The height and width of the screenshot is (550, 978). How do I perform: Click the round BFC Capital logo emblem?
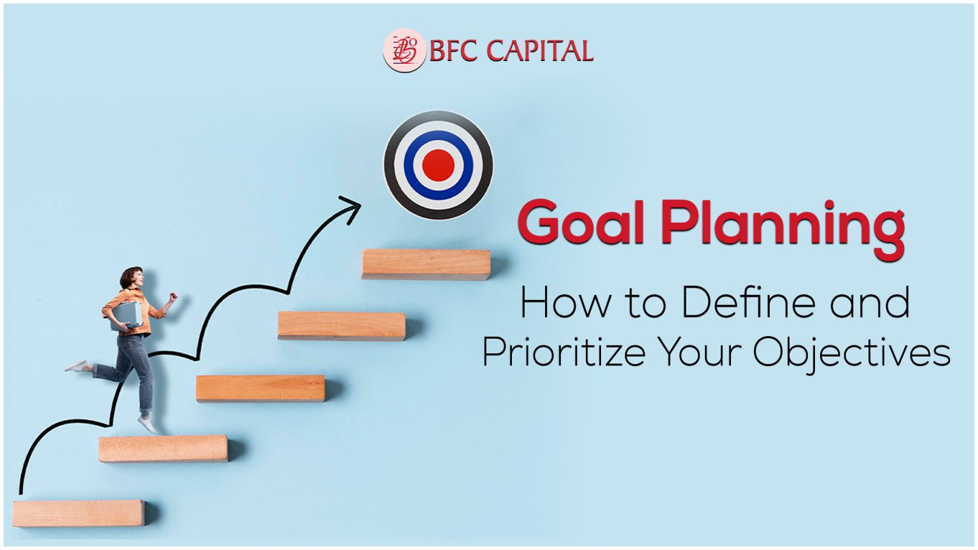pyautogui.click(x=404, y=50)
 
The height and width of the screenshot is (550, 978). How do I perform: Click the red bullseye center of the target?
pyautogui.click(x=438, y=164)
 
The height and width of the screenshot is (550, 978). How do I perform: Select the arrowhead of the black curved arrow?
pyautogui.click(x=351, y=207)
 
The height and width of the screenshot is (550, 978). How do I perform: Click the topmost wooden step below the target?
pyautogui.click(x=426, y=264)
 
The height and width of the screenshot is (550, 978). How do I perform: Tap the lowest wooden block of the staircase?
pyautogui.click(x=78, y=513)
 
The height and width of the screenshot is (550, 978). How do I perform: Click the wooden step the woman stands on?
pyautogui.click(x=163, y=448)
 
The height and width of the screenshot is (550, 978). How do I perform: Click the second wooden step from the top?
pyautogui.click(x=341, y=325)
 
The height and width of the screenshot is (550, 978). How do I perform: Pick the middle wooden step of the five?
pyautogui.click(x=260, y=388)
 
